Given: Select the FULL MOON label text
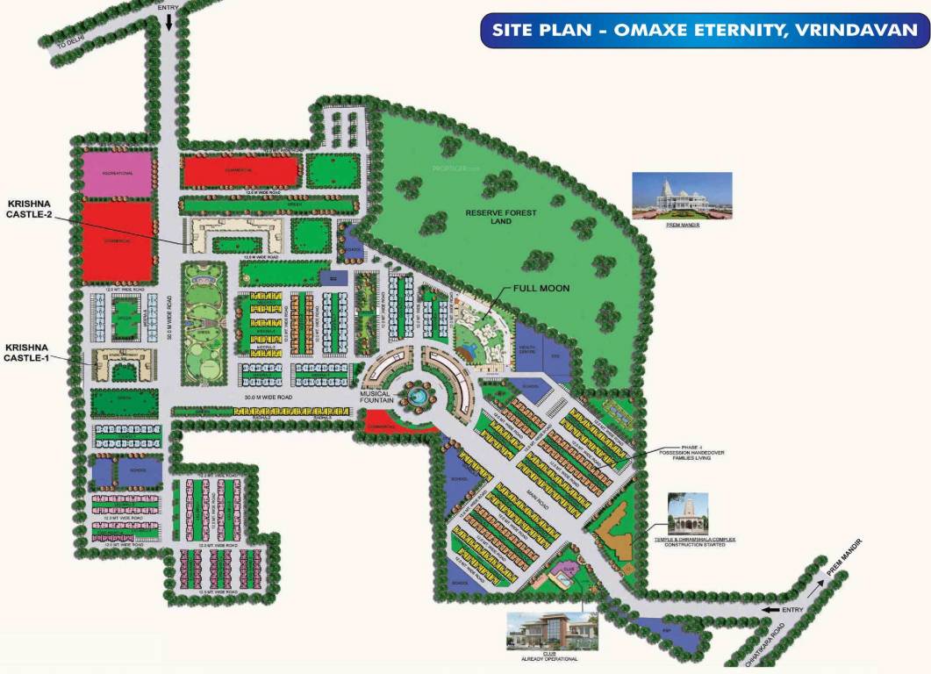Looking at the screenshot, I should click(x=541, y=288).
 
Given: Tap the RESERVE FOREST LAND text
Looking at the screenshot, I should click(x=502, y=217).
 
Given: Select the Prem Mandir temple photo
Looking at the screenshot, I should click(x=682, y=195).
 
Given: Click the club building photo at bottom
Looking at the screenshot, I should click(x=552, y=633).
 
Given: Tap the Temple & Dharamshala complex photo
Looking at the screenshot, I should click(x=687, y=513).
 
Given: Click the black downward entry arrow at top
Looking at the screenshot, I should click(x=168, y=21).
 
